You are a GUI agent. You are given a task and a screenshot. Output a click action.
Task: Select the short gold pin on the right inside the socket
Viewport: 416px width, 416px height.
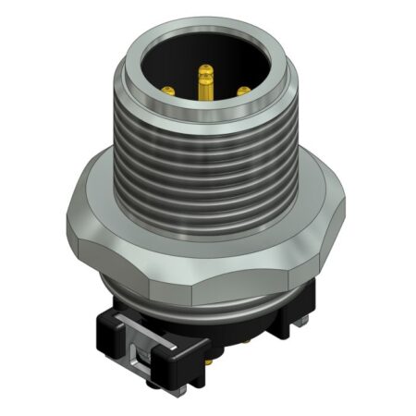[x=242, y=91]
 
